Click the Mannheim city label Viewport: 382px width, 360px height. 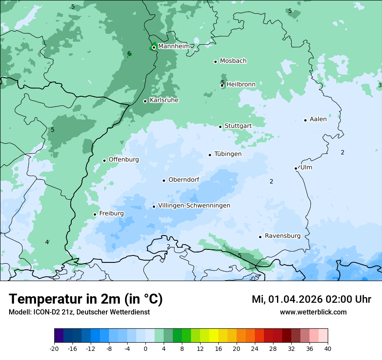click(x=174, y=46)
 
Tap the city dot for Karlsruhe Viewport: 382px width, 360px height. click(x=145, y=101)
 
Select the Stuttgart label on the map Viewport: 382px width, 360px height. click(x=238, y=126)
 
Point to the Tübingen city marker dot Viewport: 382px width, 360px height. click(x=210, y=155)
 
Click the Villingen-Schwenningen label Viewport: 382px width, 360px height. click(x=194, y=206)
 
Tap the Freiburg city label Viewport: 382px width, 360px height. click(x=111, y=213)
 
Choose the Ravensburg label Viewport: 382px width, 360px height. click(x=282, y=236)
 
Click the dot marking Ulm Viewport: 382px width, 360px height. click(x=296, y=168)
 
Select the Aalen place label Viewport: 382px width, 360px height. click(x=318, y=119)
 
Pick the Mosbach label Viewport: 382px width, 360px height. click(x=233, y=61)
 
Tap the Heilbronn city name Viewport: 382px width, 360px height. click(x=241, y=84)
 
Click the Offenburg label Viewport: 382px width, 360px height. click(x=123, y=160)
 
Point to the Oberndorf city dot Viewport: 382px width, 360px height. click(x=164, y=180)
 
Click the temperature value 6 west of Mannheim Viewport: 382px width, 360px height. click(x=129, y=54)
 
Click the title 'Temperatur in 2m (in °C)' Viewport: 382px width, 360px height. click(x=86, y=299)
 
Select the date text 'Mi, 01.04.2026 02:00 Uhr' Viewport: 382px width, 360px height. click(x=311, y=299)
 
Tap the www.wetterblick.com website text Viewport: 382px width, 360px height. click(x=313, y=312)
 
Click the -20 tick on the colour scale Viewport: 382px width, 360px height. click(x=54, y=349)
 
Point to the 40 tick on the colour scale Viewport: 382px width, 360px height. click(x=328, y=349)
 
